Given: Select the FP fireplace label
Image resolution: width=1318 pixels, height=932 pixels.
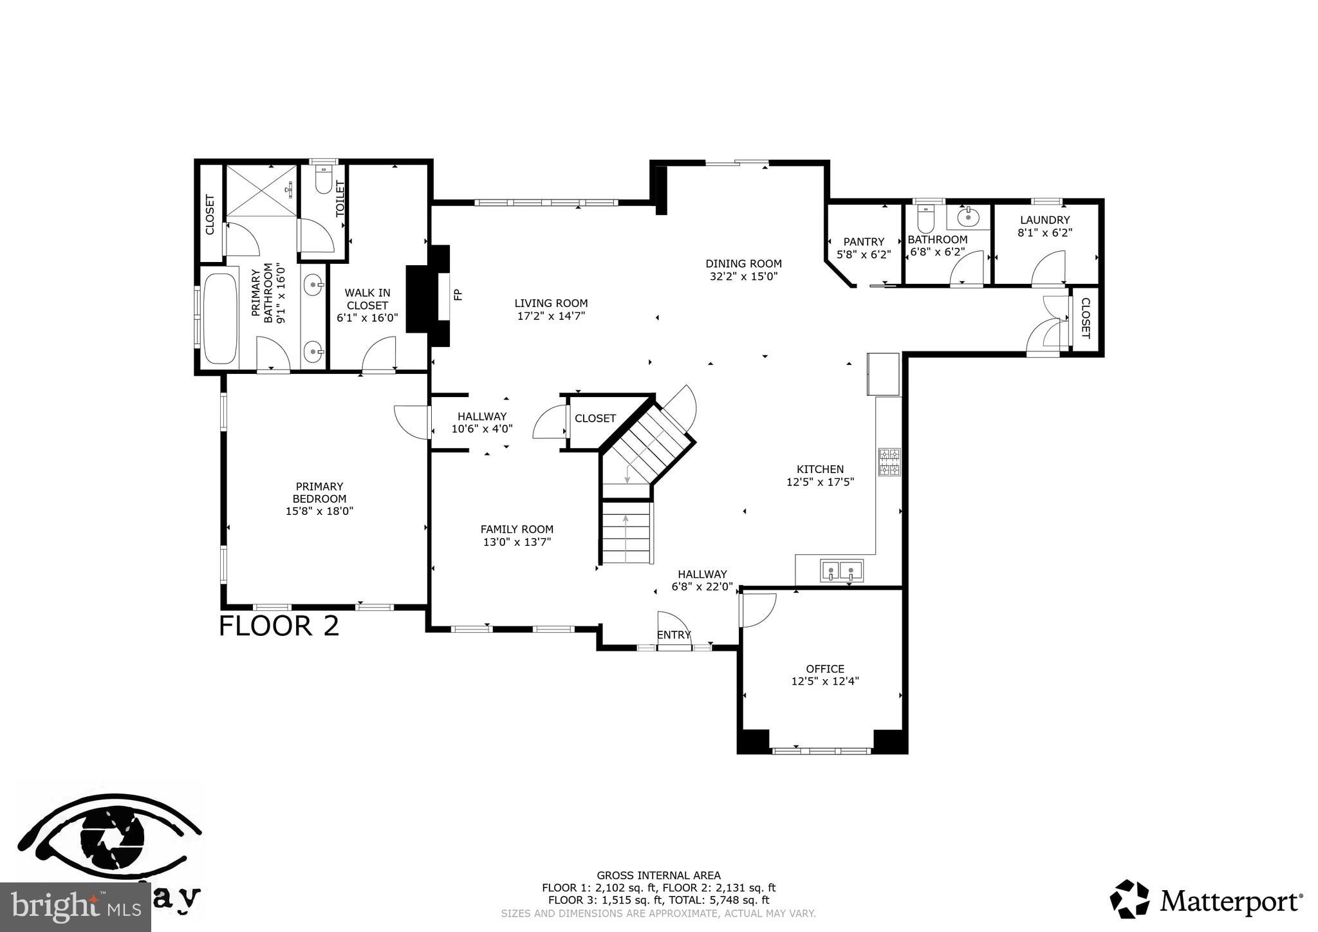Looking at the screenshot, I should click(458, 295).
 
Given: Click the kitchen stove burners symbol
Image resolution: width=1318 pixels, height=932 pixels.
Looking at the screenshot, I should click(889, 462).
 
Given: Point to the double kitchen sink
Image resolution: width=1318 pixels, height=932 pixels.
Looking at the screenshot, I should click(841, 571).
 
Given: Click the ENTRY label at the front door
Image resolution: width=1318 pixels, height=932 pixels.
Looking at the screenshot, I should click(673, 635).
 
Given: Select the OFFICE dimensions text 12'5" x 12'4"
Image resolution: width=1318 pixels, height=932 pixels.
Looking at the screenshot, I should click(825, 681).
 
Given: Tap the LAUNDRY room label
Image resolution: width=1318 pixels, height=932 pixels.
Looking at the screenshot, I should click(1044, 220).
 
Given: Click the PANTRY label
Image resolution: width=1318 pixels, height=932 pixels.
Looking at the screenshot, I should click(864, 242).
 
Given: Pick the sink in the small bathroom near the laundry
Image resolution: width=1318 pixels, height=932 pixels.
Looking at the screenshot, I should click(968, 218).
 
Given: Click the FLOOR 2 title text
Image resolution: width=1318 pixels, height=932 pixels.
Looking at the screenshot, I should click(279, 626).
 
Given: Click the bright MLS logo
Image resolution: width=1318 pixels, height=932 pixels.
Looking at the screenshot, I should click(75, 908).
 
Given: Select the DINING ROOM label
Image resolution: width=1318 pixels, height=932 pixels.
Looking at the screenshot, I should click(743, 263).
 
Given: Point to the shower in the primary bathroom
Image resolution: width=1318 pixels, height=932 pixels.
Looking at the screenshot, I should click(261, 191).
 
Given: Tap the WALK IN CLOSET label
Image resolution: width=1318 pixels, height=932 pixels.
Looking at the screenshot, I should click(367, 299).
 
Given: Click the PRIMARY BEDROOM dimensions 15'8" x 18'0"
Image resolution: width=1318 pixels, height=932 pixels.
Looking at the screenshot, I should click(319, 511).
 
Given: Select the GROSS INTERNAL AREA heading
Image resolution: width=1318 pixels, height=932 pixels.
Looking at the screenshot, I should click(658, 875).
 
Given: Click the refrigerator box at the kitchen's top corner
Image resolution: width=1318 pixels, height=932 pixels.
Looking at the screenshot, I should click(883, 374).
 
